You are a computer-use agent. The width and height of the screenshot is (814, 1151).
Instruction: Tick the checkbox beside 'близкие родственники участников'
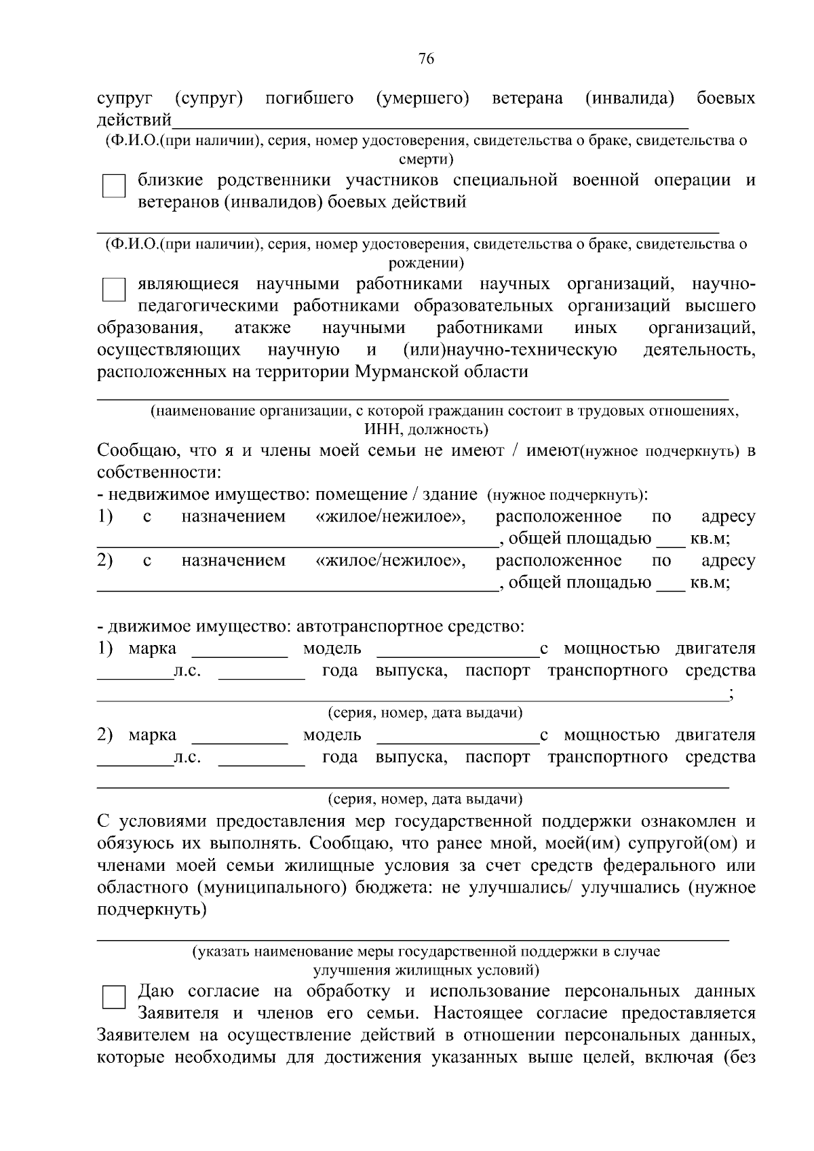[x=113, y=186]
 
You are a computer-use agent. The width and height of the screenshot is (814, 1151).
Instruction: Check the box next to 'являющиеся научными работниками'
[x=113, y=290]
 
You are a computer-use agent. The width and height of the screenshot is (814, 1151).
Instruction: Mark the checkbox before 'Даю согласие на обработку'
[x=113, y=998]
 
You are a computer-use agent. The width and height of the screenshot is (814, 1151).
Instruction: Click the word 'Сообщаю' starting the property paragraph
[x=130, y=451]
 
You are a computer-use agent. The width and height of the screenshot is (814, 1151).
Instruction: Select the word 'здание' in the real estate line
[x=450, y=495]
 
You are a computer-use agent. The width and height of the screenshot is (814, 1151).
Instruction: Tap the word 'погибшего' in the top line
[x=309, y=99]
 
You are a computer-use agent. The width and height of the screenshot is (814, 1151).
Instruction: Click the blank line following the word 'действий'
[x=430, y=123]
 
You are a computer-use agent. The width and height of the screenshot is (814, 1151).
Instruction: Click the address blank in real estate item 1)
[x=296, y=541]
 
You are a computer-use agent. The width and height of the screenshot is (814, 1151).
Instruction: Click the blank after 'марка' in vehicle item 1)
[x=239, y=652]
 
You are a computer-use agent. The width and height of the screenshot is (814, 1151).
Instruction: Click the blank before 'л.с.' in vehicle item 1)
[x=134, y=674]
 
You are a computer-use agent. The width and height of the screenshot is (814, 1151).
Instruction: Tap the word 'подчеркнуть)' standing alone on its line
[x=151, y=910]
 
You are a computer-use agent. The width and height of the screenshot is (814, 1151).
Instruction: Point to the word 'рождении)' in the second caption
[x=426, y=263]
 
